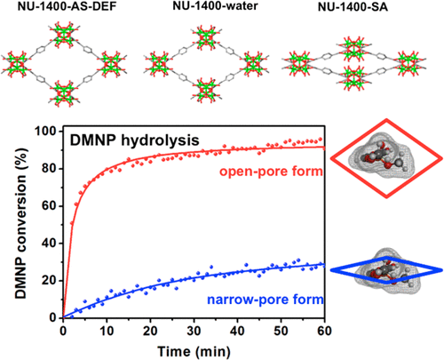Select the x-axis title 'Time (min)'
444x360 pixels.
(x=190, y=349)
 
